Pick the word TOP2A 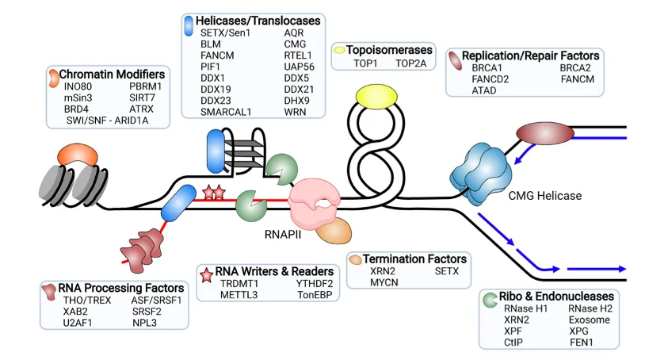coord(411,62)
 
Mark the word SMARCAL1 coord(226,112)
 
